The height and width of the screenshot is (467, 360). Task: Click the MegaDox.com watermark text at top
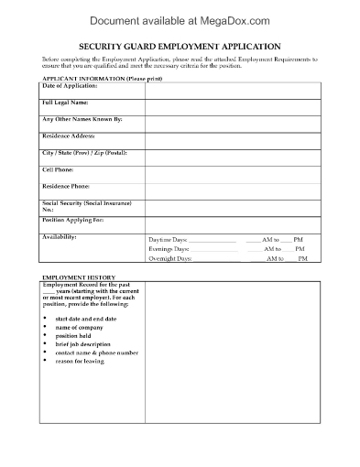[180, 17]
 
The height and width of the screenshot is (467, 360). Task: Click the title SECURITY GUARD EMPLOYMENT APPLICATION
[180, 46]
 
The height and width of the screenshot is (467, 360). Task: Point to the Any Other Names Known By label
[82, 119]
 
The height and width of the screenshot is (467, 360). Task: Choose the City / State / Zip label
[84, 152]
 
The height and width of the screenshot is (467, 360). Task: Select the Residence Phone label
[72, 186]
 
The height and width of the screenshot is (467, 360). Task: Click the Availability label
[61, 236]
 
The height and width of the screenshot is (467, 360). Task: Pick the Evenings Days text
[169, 248]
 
